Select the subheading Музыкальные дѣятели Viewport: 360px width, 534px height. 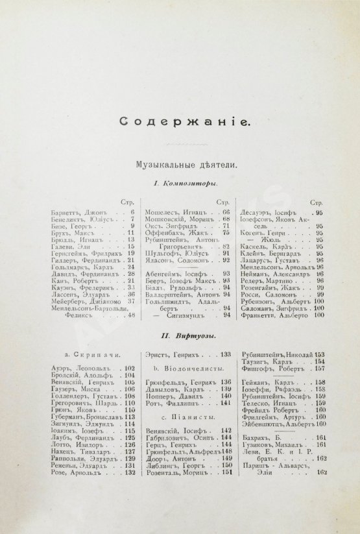[180, 165]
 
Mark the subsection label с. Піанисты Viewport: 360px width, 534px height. [182, 428]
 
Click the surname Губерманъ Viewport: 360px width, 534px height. [67, 417]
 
